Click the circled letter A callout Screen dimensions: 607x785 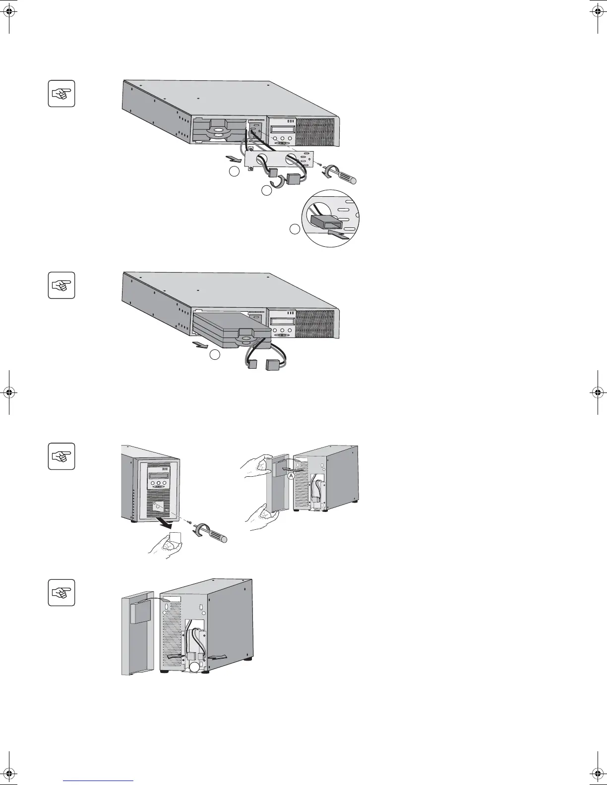(291, 475)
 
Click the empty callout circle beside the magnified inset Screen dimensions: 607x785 (295, 229)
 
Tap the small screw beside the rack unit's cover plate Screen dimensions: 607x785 (320, 165)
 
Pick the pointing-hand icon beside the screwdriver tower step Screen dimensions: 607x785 (61, 456)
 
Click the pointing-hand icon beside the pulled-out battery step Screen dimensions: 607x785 (61, 285)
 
